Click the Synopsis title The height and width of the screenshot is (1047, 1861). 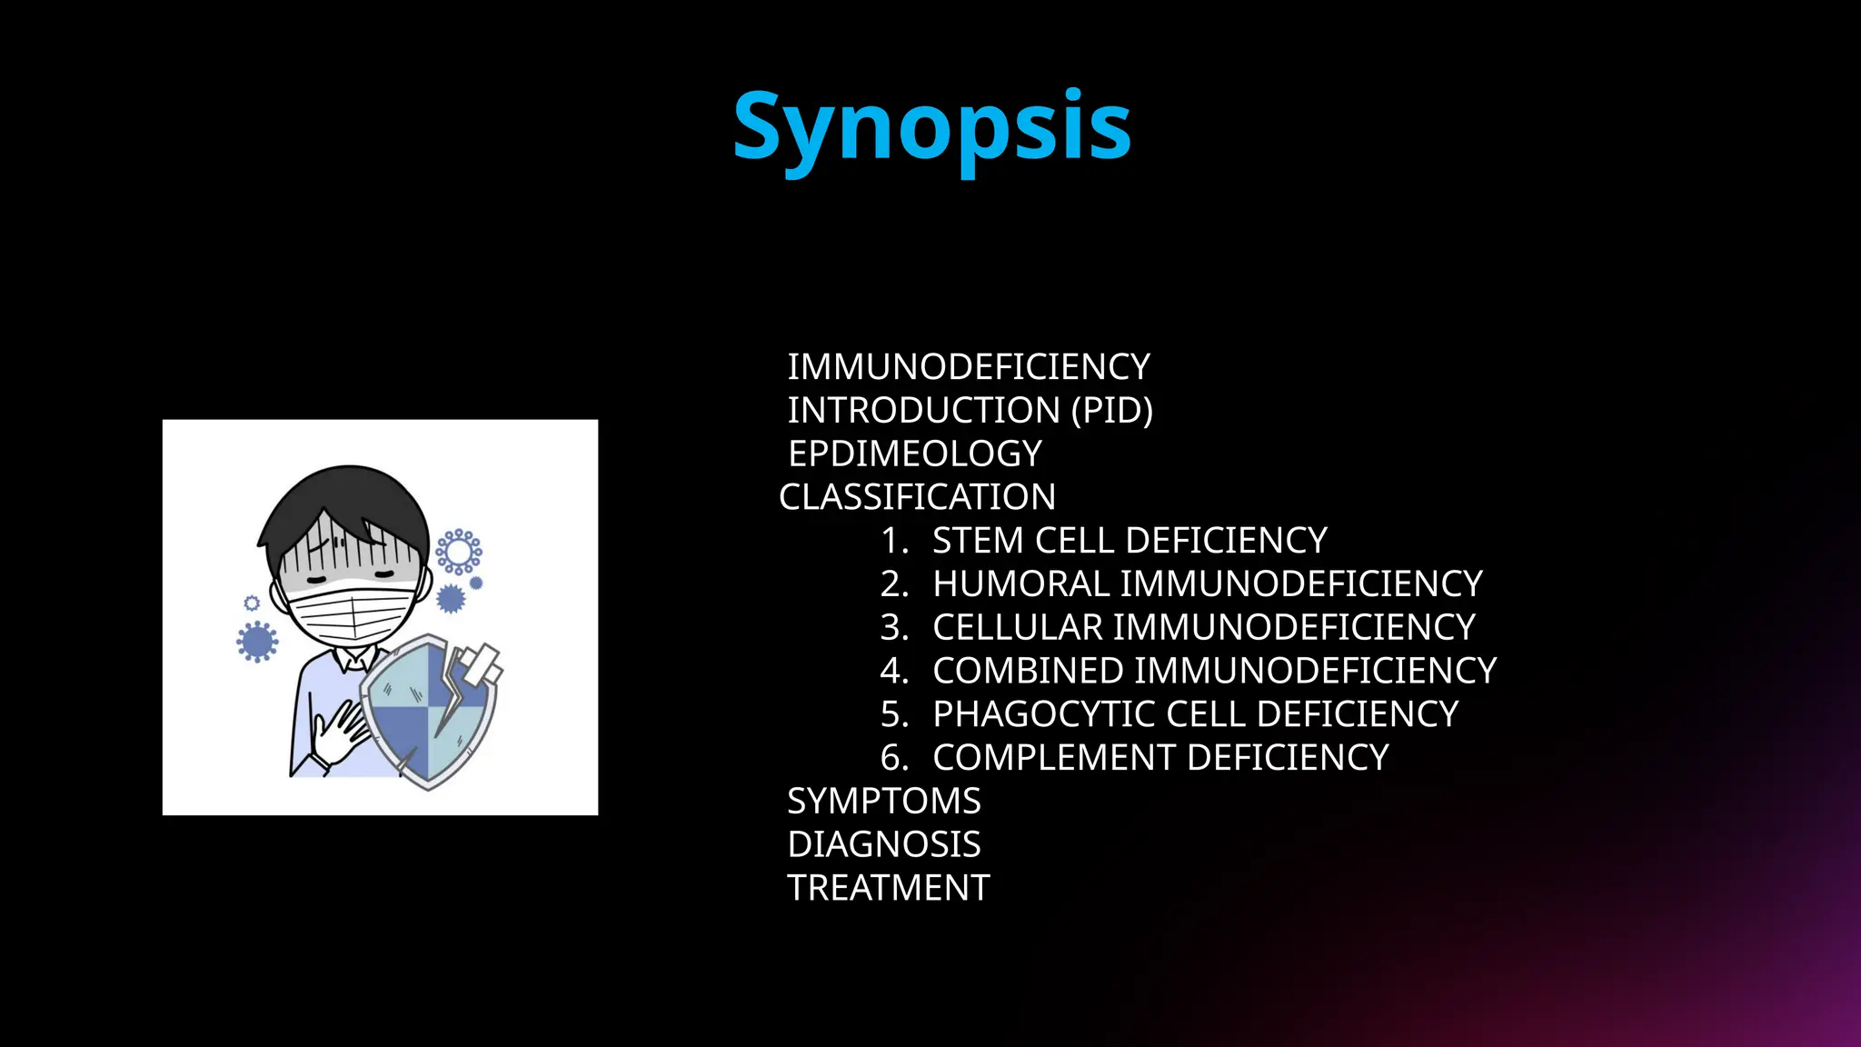point(931,127)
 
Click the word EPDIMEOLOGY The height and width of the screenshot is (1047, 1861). point(914,454)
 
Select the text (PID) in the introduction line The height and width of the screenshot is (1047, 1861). point(1111,410)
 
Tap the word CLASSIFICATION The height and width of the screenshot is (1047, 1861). point(917,497)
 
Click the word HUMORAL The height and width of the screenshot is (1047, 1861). point(1020,584)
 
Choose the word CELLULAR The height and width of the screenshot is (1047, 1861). point(1017,627)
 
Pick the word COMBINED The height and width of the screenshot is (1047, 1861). point(1028,671)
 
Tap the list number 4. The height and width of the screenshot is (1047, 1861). point(893,671)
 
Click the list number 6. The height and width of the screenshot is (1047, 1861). point(893,758)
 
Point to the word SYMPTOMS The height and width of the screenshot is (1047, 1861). point(883,802)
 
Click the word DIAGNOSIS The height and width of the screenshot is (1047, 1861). point(883,844)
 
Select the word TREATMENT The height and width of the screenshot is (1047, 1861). point(888,888)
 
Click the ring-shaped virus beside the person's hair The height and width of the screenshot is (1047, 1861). point(458,551)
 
